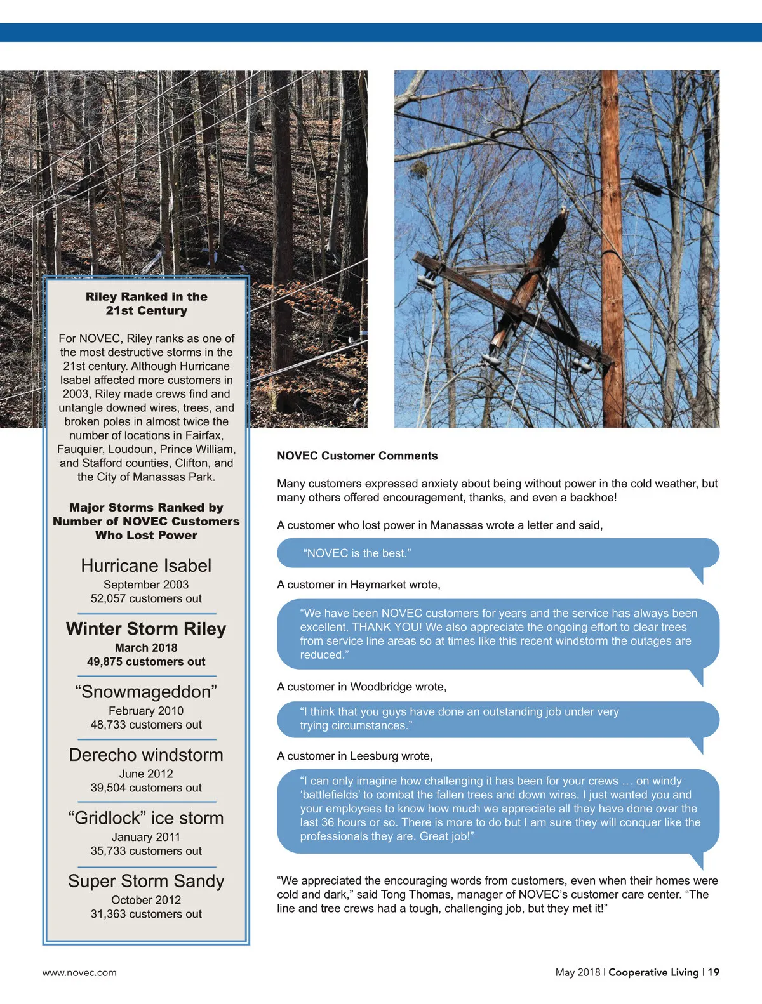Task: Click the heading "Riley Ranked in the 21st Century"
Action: (146, 303)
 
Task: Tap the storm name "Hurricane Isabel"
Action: (146, 565)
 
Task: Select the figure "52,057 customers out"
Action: (146, 598)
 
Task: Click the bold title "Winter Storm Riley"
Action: (146, 628)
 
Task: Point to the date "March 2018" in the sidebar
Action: (146, 647)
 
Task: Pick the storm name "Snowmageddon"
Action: (146, 692)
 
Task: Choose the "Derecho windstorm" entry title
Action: (146, 755)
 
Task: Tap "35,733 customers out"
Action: (146, 850)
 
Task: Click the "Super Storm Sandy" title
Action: (146, 881)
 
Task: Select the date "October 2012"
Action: (146, 900)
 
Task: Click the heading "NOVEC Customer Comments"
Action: (357, 456)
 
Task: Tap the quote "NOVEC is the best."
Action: (357, 553)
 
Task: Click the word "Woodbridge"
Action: (380, 687)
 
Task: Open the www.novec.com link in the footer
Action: (79, 972)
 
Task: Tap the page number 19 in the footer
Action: (714, 972)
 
